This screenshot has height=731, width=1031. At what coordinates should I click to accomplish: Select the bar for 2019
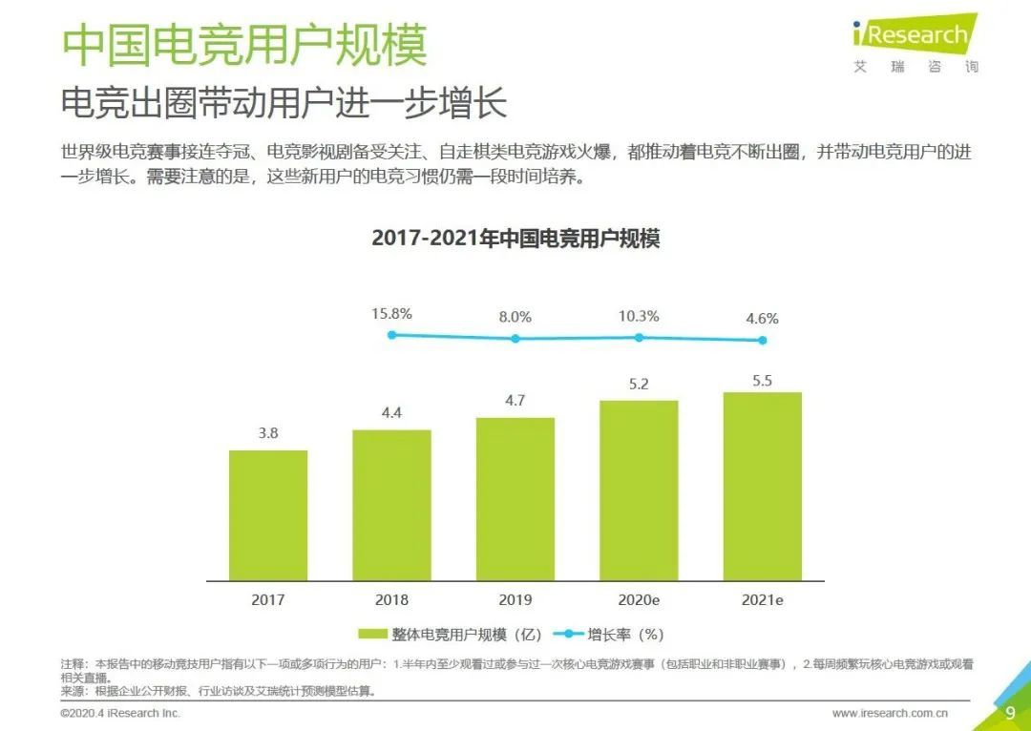tap(515, 499)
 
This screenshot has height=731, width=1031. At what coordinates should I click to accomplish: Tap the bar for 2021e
tap(762, 487)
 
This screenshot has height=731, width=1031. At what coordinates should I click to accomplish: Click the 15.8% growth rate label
tap(391, 313)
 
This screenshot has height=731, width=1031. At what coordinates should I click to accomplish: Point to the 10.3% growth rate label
tap(639, 316)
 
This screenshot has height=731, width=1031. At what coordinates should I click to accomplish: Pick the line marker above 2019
tap(515, 338)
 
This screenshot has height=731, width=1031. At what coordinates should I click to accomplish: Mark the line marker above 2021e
tap(762, 341)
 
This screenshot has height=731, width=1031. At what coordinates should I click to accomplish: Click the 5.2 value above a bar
tap(639, 386)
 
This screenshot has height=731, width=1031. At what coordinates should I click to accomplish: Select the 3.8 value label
tap(268, 433)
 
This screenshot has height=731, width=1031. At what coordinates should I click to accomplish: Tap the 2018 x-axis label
tap(391, 600)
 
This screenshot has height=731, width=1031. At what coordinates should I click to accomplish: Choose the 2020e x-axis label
tap(639, 600)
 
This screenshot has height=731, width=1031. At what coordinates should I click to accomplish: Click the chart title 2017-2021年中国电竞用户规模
tap(515, 238)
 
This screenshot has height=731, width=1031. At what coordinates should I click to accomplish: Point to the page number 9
tap(1010, 712)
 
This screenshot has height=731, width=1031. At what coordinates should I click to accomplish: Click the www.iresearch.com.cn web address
tap(889, 713)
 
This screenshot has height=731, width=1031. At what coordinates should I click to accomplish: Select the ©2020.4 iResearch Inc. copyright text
tap(119, 713)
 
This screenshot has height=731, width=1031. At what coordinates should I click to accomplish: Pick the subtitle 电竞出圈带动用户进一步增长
tap(284, 103)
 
